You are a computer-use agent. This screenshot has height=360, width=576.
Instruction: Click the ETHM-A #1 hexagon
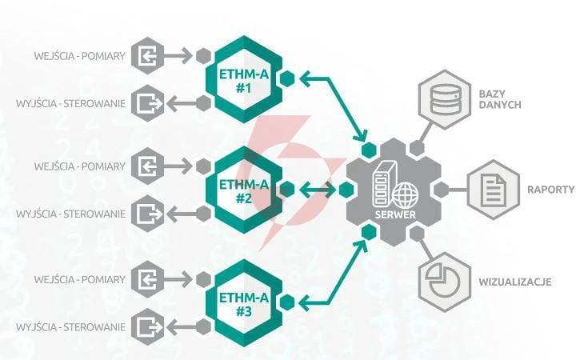[x=244, y=79]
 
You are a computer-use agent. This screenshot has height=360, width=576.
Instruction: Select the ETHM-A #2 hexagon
[x=244, y=190]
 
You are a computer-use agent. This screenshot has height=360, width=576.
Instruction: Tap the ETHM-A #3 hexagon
[x=244, y=302]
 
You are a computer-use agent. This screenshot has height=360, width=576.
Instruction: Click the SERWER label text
[x=395, y=214]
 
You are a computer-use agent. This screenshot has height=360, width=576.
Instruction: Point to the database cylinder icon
[x=445, y=99]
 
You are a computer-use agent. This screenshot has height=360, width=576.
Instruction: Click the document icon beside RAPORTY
[x=494, y=190]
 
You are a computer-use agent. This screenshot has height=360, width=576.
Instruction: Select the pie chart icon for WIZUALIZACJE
[x=444, y=282]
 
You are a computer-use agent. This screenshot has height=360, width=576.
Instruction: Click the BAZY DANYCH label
[x=500, y=99]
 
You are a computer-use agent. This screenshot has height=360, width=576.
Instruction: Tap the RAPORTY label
[x=550, y=190]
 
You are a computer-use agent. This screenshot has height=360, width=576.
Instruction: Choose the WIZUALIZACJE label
[x=515, y=282]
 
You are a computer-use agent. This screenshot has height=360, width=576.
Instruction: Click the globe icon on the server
[x=405, y=195]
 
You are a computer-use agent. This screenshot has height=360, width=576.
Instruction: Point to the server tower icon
[x=384, y=184]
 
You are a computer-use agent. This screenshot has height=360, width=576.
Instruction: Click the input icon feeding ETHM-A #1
[x=148, y=56]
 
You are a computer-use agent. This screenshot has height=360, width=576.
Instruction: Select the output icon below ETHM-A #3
[x=148, y=327]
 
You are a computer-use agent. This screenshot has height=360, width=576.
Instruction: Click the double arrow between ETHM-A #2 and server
[x=318, y=190]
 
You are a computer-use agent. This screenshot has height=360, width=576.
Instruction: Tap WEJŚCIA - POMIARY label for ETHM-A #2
[x=80, y=166]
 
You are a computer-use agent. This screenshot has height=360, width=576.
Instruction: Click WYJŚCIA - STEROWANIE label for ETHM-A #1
[x=70, y=103]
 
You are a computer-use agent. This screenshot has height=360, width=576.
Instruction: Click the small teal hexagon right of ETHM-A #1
[x=287, y=78]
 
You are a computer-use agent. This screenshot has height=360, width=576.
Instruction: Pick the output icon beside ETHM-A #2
[x=148, y=214]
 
